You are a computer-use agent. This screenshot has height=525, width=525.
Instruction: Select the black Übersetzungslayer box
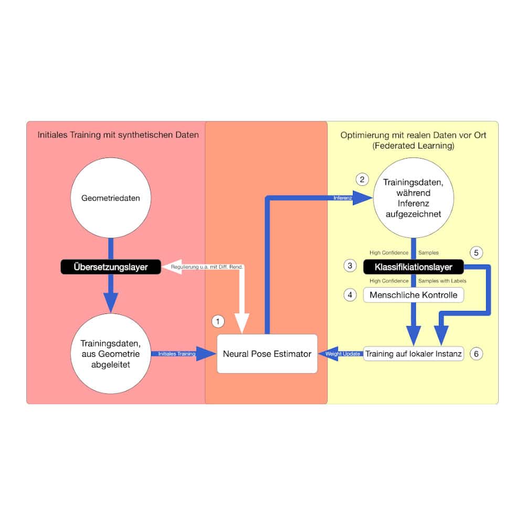(110, 267)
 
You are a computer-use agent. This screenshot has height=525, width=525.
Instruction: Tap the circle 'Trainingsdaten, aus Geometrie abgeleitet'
(110, 353)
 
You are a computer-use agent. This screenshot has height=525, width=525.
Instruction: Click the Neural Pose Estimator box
(267, 354)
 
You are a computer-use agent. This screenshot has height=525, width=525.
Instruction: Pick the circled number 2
(362, 179)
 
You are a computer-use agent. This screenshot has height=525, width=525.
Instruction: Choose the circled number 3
(350, 266)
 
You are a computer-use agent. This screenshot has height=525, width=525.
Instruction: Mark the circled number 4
(350, 295)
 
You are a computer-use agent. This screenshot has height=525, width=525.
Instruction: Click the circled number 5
(476, 253)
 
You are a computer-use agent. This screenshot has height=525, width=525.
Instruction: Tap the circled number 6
(476, 354)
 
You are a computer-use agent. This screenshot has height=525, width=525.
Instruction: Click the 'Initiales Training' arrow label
(176, 354)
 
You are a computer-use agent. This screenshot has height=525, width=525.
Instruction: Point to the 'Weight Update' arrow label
(343, 354)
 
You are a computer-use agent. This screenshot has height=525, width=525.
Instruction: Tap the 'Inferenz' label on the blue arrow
(342, 198)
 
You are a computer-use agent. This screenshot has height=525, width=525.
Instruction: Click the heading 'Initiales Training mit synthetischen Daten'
(118, 135)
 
